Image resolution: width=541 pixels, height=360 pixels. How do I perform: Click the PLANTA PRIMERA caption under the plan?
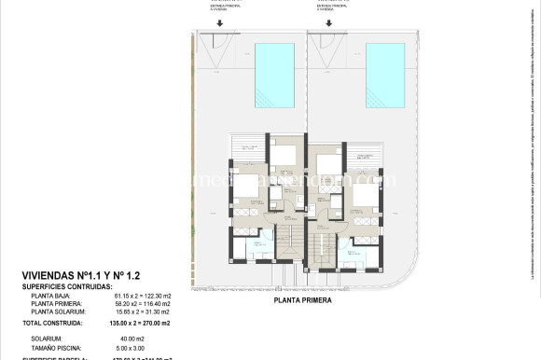(302, 301)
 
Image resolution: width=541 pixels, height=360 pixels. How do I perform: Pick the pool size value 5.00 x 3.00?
(130, 347)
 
